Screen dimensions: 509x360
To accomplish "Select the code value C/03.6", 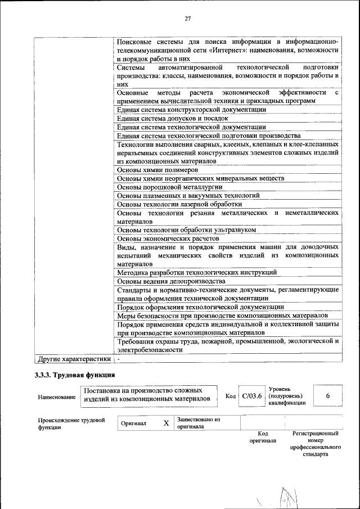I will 252,396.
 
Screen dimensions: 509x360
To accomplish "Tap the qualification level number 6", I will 328,396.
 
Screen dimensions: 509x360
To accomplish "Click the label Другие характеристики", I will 73,358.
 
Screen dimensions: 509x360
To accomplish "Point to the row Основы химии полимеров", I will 157,169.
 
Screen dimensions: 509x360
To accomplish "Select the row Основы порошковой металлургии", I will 167,187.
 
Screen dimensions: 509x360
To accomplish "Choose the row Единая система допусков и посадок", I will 172,118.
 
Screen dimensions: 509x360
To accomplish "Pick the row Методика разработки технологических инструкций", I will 197,272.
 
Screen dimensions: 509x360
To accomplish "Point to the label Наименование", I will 56,397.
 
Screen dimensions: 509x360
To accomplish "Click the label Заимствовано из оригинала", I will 198,423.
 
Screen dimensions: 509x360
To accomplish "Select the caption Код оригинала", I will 263,437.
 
